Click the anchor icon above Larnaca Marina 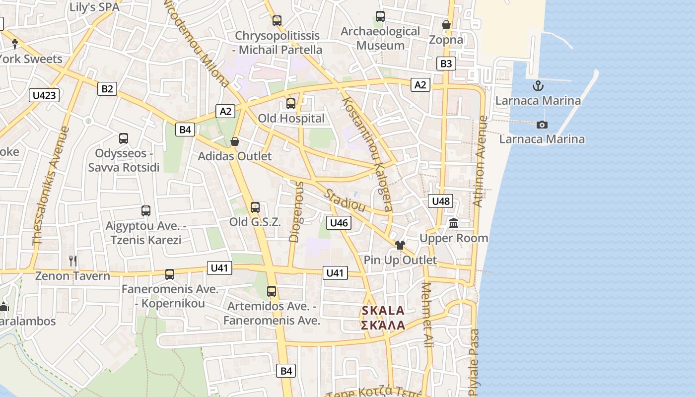coord(538,86)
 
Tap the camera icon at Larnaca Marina coord(542,124)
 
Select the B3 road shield coord(446,64)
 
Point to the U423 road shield coord(44,95)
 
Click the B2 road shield coord(107,89)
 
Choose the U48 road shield coord(440,201)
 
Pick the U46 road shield coord(339,223)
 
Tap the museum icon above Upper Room coord(454,224)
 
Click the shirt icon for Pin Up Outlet coord(400,245)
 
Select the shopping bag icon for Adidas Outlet coord(235,142)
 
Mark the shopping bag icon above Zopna coord(446,24)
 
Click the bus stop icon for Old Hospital coord(291,104)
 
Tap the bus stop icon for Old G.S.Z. coord(255,207)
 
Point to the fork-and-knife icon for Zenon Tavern coord(73,261)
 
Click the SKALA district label coord(383,311)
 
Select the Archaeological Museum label coord(381,38)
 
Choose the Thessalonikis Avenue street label coord(51,186)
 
